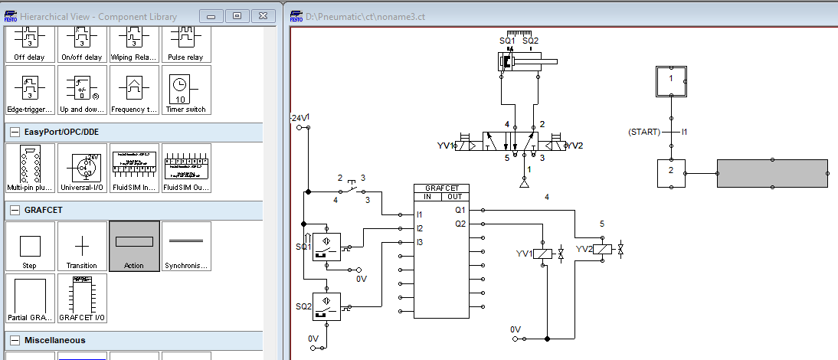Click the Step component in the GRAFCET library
[30, 246]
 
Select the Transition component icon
[82, 246]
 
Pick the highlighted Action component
[134, 246]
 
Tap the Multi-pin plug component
[30, 168]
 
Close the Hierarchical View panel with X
[262, 15]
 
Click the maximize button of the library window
[237, 15]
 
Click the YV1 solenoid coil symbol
[542, 253]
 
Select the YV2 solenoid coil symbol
[603, 249]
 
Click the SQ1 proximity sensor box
[326, 245]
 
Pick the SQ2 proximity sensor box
[326, 306]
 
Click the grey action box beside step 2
[772, 173]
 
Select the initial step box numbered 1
[671, 79]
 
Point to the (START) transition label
[643, 132]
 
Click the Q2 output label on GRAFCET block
[460, 224]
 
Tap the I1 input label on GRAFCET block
[420, 214]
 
